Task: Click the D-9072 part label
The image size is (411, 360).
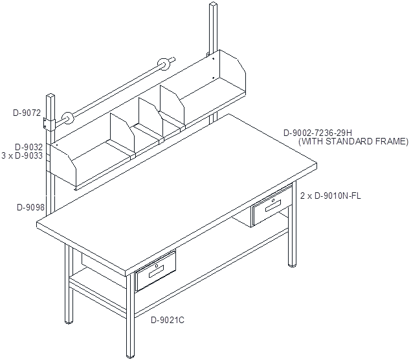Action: [x=27, y=113]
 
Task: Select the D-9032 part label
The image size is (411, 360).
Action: [x=28, y=147]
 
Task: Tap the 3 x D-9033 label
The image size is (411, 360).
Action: [x=22, y=155]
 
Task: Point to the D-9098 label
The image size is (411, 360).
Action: [x=30, y=207]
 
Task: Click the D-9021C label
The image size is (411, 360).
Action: [x=168, y=320]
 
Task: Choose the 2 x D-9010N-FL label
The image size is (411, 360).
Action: [x=330, y=196]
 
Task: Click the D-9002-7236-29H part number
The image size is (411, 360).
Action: [x=318, y=133]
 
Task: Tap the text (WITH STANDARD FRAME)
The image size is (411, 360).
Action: [x=353, y=141]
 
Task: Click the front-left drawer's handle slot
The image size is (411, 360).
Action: [x=156, y=272]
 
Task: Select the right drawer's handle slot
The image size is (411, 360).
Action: [x=273, y=206]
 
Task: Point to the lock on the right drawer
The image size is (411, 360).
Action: [x=273, y=201]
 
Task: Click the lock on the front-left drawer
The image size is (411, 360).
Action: [x=157, y=266]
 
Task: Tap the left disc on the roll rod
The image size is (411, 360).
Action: [x=67, y=118]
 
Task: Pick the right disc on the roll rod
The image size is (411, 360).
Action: [x=164, y=64]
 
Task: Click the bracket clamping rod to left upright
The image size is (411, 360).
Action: [x=49, y=124]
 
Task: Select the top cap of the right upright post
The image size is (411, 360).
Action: [x=214, y=4]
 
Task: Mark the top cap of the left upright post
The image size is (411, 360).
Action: [x=50, y=95]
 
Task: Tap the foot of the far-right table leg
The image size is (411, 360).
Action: [x=293, y=265]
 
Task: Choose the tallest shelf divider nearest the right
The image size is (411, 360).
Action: [x=172, y=106]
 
